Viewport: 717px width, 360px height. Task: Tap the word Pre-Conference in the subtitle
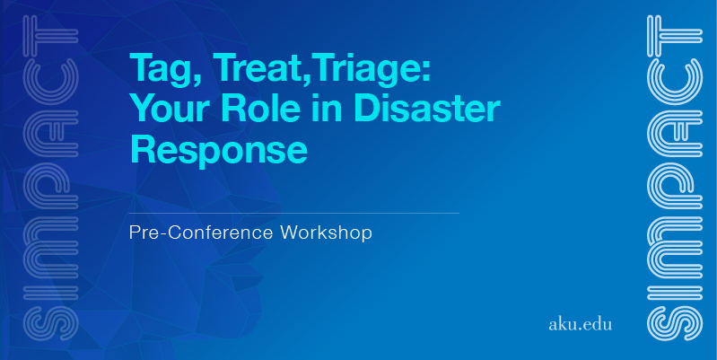(x=201, y=233)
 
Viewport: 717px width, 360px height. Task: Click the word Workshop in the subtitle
(x=326, y=233)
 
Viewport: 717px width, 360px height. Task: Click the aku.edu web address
(x=580, y=324)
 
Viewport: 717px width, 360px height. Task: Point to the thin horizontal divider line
(x=294, y=213)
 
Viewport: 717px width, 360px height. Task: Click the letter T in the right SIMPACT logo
(x=675, y=30)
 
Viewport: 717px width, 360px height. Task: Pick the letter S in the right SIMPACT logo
(x=675, y=323)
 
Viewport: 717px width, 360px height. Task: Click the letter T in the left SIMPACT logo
(x=50, y=30)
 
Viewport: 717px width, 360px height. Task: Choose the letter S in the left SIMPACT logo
(x=50, y=323)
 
